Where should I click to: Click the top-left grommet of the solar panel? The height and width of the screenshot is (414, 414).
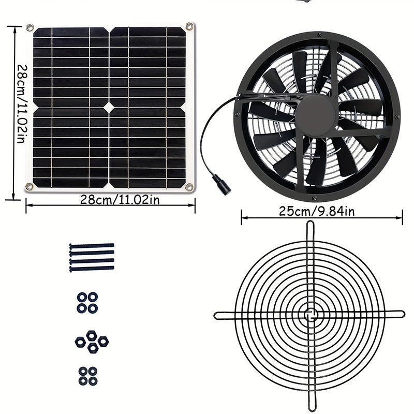29,27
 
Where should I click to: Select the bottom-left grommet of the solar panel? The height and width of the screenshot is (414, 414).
29,187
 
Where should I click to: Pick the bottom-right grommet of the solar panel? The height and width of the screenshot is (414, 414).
190,187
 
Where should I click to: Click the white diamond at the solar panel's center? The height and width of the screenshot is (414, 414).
110,106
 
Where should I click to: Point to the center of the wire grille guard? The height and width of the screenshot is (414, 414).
310,314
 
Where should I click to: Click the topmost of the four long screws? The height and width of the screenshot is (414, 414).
91,246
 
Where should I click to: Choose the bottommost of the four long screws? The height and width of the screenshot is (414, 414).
91,269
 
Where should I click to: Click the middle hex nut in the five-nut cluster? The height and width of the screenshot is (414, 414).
92,342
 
